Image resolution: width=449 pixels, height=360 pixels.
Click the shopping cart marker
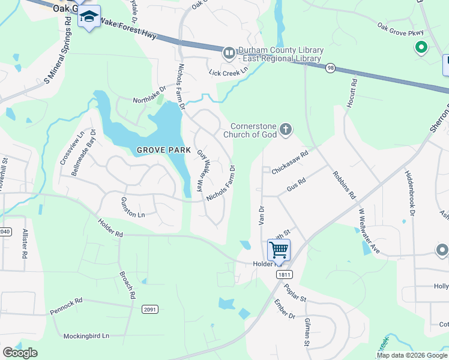point(279,249)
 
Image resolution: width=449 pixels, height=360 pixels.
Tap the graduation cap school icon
point(89,17)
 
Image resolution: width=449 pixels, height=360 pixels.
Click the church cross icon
point(286,128)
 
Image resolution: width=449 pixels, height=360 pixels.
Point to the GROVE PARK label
point(163,150)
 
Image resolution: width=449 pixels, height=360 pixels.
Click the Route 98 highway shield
point(330,68)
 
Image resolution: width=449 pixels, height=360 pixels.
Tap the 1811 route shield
point(285,274)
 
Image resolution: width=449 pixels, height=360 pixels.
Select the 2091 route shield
point(150,310)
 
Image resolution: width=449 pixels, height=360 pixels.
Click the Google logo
point(20,353)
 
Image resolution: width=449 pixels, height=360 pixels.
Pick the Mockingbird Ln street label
point(88,336)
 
